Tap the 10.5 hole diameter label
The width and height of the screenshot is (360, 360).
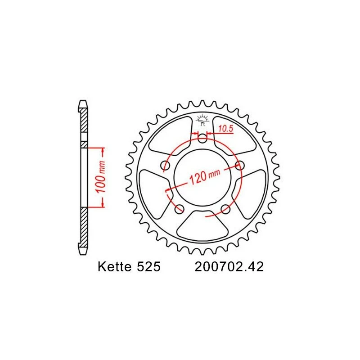[x=225, y=129]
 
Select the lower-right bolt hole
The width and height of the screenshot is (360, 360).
[x=225, y=209]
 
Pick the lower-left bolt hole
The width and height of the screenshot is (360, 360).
[x=179, y=209]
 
